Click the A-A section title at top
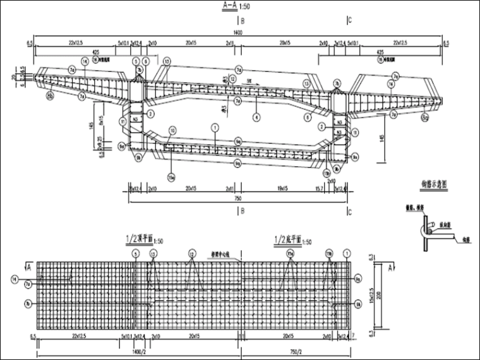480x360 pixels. (229, 7)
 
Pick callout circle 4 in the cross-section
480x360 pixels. (256, 117)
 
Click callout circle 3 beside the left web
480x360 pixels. (151, 114)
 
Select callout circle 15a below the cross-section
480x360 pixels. (171, 176)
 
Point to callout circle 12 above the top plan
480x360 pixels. (191, 253)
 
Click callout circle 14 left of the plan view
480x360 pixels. (14, 278)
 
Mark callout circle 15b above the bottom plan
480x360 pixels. (329, 253)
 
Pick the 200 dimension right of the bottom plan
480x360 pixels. (378, 294)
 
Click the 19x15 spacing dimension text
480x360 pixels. (282, 189)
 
